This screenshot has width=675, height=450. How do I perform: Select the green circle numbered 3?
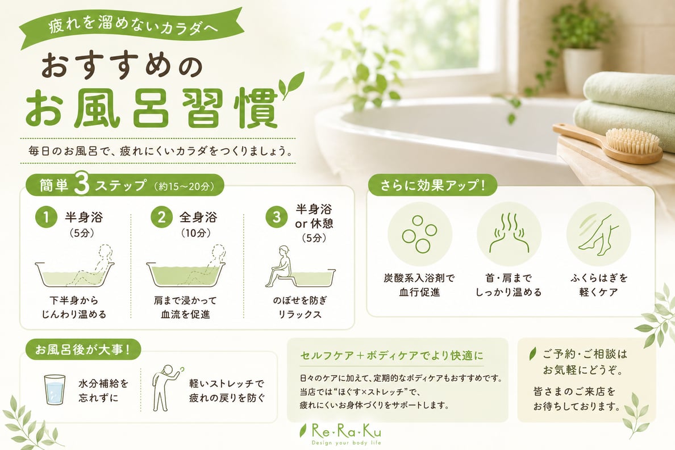[x=277, y=217]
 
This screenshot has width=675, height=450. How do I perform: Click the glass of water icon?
[x=55, y=389]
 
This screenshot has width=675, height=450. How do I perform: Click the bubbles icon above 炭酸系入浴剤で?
[x=419, y=234]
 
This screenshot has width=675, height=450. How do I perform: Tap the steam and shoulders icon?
[x=509, y=233]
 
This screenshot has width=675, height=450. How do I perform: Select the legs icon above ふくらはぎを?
[x=598, y=233]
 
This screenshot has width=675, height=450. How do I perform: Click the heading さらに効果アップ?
[x=432, y=186]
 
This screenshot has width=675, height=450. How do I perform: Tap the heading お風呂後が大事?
[x=82, y=349]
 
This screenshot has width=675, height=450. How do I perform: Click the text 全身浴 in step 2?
[x=198, y=217]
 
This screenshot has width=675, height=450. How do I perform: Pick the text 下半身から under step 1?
[x=74, y=300]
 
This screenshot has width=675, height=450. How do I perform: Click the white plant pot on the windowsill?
[x=582, y=72]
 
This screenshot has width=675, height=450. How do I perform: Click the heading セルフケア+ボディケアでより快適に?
[x=391, y=356]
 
